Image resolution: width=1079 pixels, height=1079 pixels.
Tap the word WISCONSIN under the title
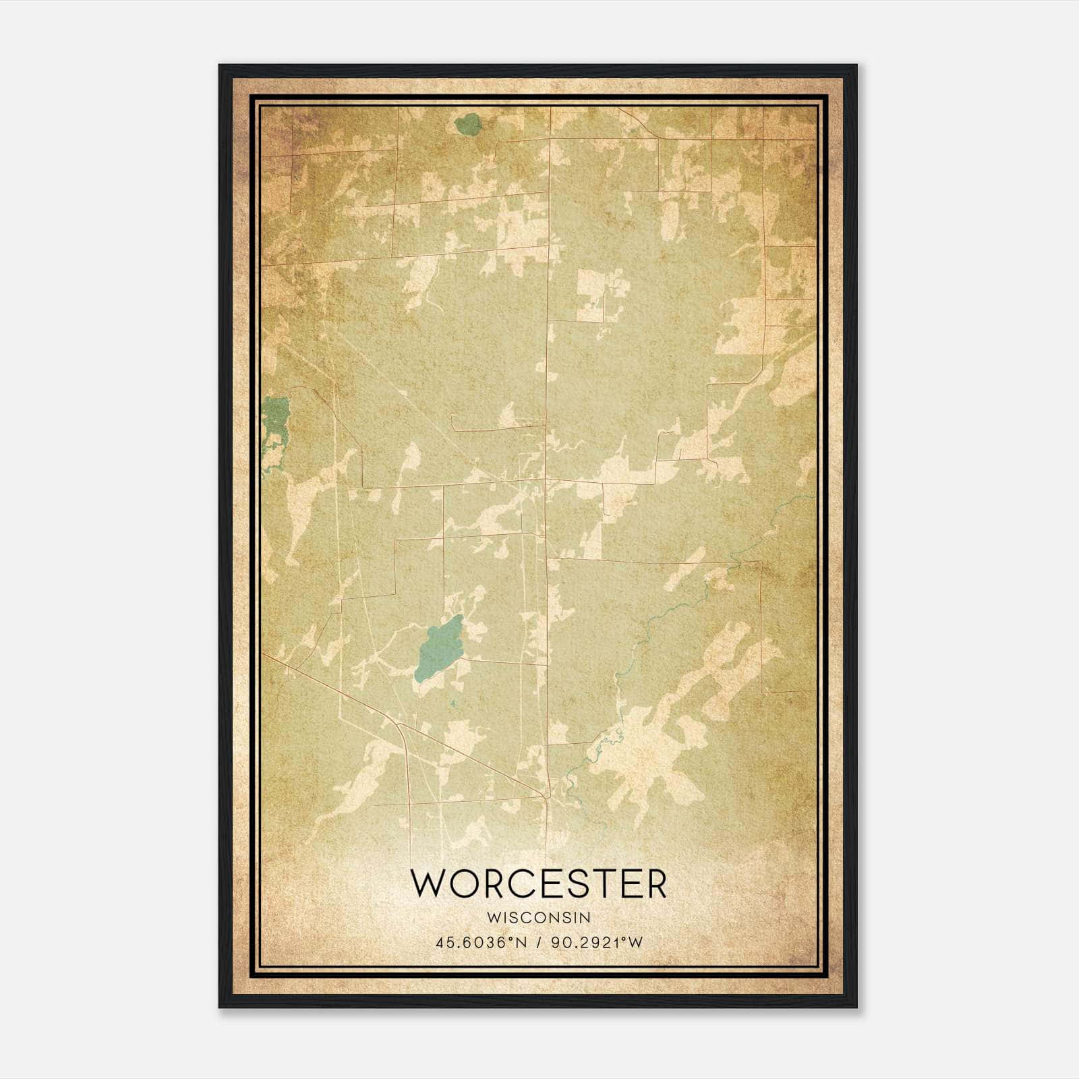click(539, 917)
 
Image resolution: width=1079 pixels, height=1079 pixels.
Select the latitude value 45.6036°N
click(479, 942)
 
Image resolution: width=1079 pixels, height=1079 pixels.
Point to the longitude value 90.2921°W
click(597, 942)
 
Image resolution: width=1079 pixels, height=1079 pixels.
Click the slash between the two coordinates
click(538, 942)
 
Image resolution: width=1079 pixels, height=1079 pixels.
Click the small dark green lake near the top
click(466, 124)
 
